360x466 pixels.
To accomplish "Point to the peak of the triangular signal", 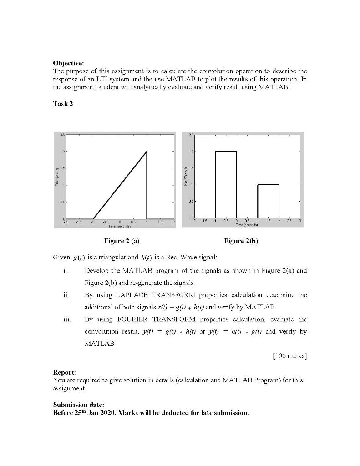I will [x=147, y=152].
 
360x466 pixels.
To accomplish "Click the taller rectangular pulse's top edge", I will [x=226, y=151].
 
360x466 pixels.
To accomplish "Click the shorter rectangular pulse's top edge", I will [x=268, y=185].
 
